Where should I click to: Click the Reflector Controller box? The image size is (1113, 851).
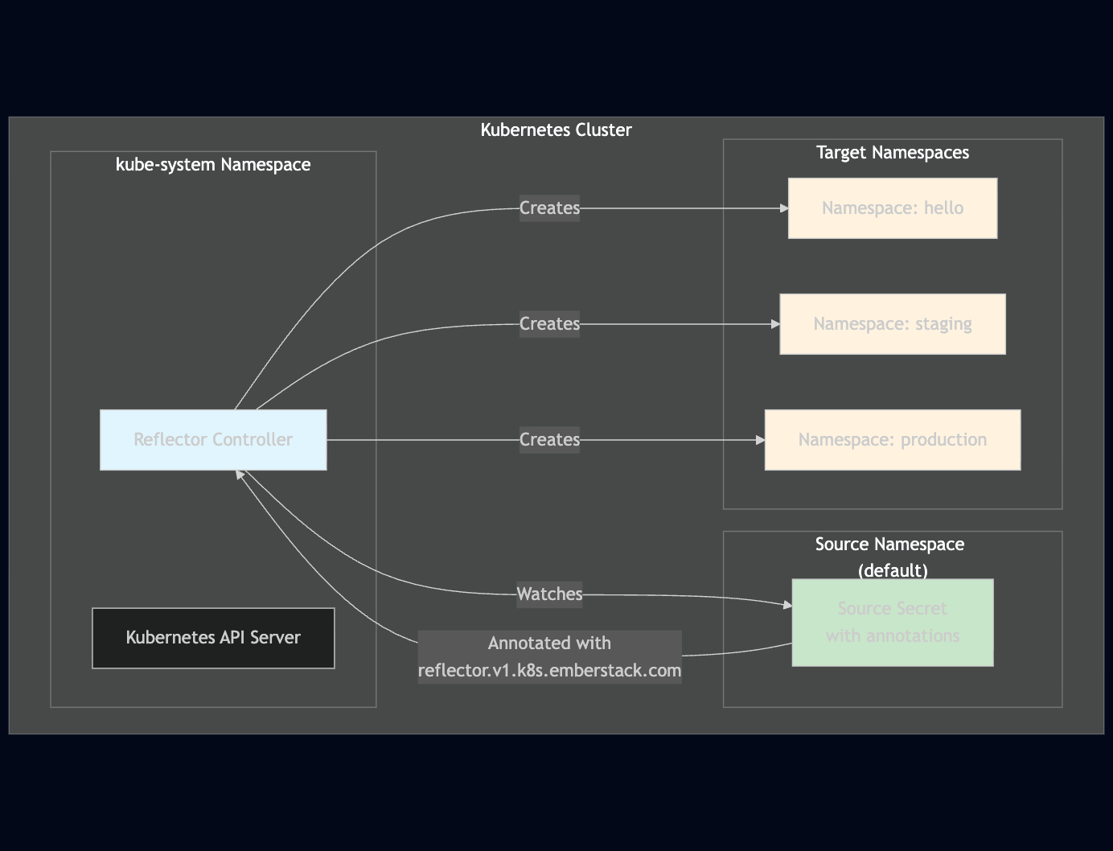(x=213, y=440)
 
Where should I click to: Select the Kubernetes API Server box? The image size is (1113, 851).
(x=213, y=638)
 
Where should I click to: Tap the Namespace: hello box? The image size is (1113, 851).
(x=892, y=208)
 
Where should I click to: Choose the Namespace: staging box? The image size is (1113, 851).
(x=892, y=324)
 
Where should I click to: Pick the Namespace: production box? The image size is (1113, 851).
(x=892, y=440)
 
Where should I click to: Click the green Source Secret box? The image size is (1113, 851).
(x=892, y=623)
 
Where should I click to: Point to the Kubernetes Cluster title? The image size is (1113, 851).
(x=556, y=130)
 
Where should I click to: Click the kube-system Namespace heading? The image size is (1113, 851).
(x=213, y=165)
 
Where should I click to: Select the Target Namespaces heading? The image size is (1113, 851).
(x=892, y=153)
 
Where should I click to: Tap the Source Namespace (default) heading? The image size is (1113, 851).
(x=890, y=557)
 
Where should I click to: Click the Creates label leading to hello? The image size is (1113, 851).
(x=549, y=208)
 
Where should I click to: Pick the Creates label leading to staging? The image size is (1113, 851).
(x=549, y=324)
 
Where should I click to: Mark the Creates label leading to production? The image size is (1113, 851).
(x=549, y=440)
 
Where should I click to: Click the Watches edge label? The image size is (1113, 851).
(x=549, y=594)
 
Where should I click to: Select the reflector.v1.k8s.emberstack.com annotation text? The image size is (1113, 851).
(x=549, y=670)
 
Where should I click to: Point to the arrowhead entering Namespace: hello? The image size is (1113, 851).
(x=784, y=208)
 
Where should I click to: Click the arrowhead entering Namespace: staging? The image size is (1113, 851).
(x=775, y=324)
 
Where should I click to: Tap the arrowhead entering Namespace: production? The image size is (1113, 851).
(x=760, y=440)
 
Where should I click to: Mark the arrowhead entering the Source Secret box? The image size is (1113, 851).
(x=787, y=605)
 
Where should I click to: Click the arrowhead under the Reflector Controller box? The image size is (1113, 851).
(x=240, y=475)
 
